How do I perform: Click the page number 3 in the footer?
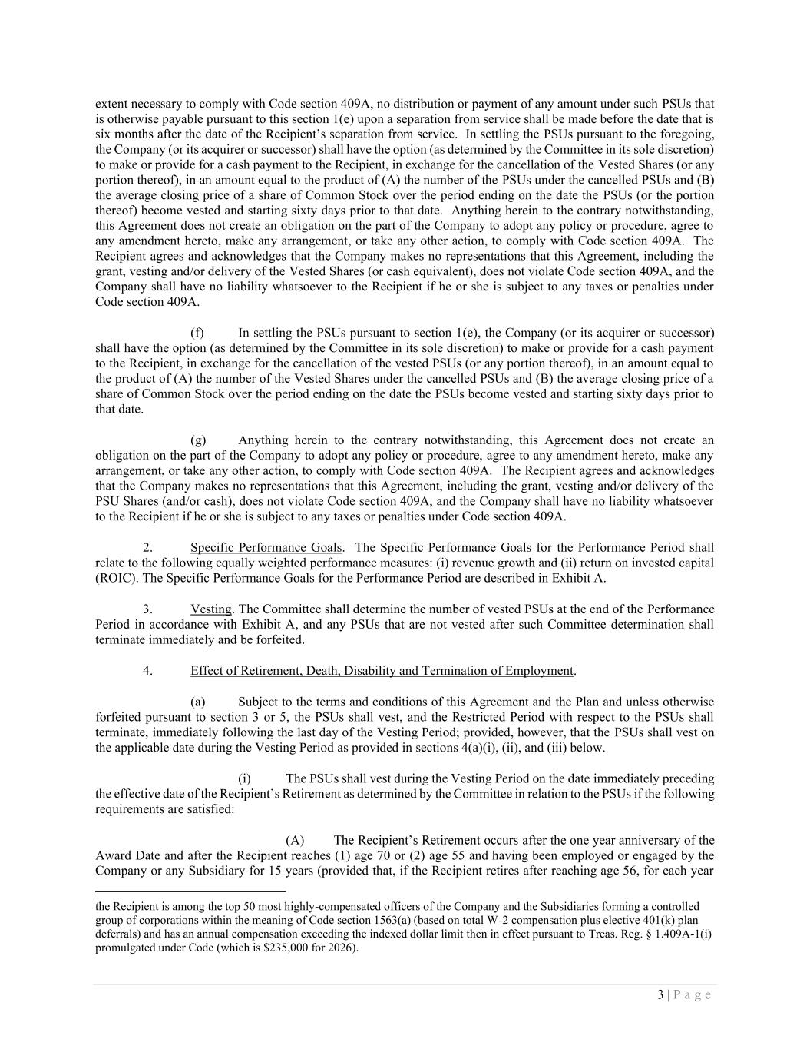[660, 994]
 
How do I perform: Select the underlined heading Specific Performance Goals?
[266, 548]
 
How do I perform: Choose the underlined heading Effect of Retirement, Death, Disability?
[382, 671]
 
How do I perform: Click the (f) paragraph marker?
[197, 333]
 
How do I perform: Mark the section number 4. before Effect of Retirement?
[147, 671]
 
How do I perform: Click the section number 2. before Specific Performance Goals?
[147, 548]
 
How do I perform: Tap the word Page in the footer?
[693, 994]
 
